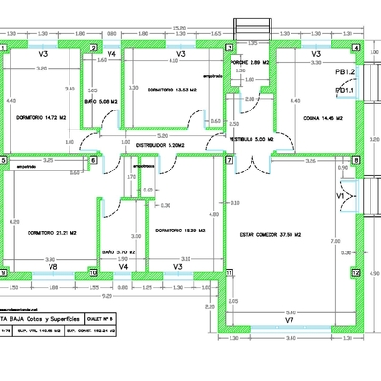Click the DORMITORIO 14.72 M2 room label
point(41,119)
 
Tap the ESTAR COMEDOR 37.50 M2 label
point(270,233)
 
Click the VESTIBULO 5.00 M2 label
point(252,138)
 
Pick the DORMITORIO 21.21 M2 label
point(52,232)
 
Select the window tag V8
point(54,267)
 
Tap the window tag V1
point(340,195)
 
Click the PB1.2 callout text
point(345,72)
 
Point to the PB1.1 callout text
point(345,90)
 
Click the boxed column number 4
point(356,48)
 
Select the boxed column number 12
point(356,272)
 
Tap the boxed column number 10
point(92,272)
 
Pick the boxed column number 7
point(229,160)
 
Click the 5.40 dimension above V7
point(291,311)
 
